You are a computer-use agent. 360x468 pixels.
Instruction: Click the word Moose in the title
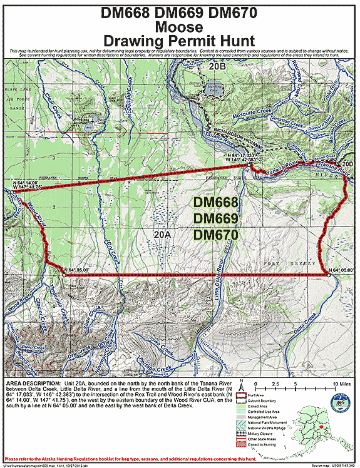click(x=180, y=27)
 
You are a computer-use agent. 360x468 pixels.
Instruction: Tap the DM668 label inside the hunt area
click(x=216, y=203)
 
